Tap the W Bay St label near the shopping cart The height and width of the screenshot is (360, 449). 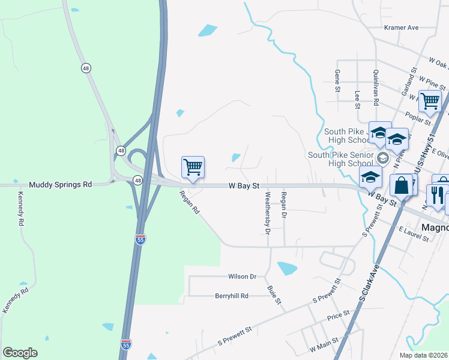(244, 187)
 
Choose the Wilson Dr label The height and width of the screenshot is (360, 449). (243, 277)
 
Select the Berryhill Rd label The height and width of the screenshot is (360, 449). (232, 296)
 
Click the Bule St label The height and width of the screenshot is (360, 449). (274, 294)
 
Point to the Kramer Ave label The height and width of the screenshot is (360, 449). (401, 28)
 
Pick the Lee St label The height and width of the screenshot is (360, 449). (357, 99)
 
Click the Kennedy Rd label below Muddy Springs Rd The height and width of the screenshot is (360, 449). (20, 208)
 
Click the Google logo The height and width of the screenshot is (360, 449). (20, 353)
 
